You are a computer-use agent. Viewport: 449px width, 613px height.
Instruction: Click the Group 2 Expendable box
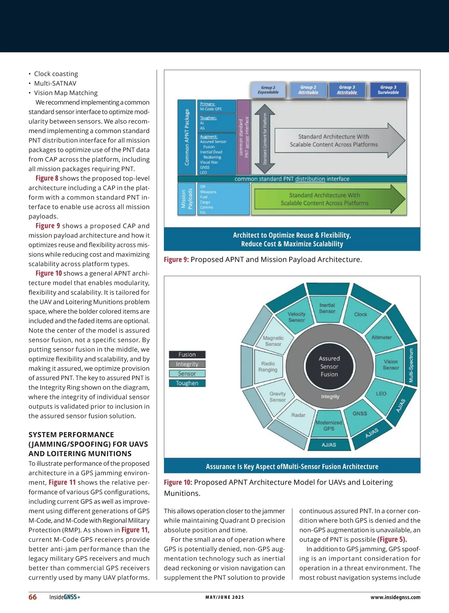[x=268, y=90]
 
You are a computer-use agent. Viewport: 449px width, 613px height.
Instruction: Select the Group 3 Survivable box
[x=388, y=90]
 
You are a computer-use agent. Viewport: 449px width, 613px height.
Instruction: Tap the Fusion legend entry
[x=187, y=354]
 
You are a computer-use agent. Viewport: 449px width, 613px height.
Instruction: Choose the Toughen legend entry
[x=187, y=383]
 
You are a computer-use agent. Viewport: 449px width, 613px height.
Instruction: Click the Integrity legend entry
[x=187, y=364]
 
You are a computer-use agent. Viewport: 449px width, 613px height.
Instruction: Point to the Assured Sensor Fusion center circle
[x=329, y=366]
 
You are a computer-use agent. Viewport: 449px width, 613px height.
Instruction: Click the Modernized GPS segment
[x=329, y=426]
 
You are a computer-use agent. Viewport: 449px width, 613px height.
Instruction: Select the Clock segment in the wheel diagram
[x=361, y=314]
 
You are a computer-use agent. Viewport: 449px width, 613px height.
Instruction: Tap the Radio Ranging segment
[x=268, y=366]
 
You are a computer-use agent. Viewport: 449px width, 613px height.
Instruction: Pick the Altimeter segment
[x=381, y=337]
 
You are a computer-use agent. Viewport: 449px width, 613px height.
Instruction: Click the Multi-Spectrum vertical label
[x=411, y=366]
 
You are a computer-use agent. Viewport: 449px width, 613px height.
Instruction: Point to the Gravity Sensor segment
[x=278, y=397]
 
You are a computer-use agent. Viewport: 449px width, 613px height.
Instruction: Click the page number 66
[x=33, y=597]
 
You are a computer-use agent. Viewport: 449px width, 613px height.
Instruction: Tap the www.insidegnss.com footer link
[x=395, y=597]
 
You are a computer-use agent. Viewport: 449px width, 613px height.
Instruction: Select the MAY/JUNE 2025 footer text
[x=224, y=597]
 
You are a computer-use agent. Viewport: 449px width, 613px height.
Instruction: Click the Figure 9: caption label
[x=176, y=259]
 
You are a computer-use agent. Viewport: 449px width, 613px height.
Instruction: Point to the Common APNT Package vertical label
[x=187, y=137]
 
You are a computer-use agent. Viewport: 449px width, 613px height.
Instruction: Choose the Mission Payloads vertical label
[x=186, y=199]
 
